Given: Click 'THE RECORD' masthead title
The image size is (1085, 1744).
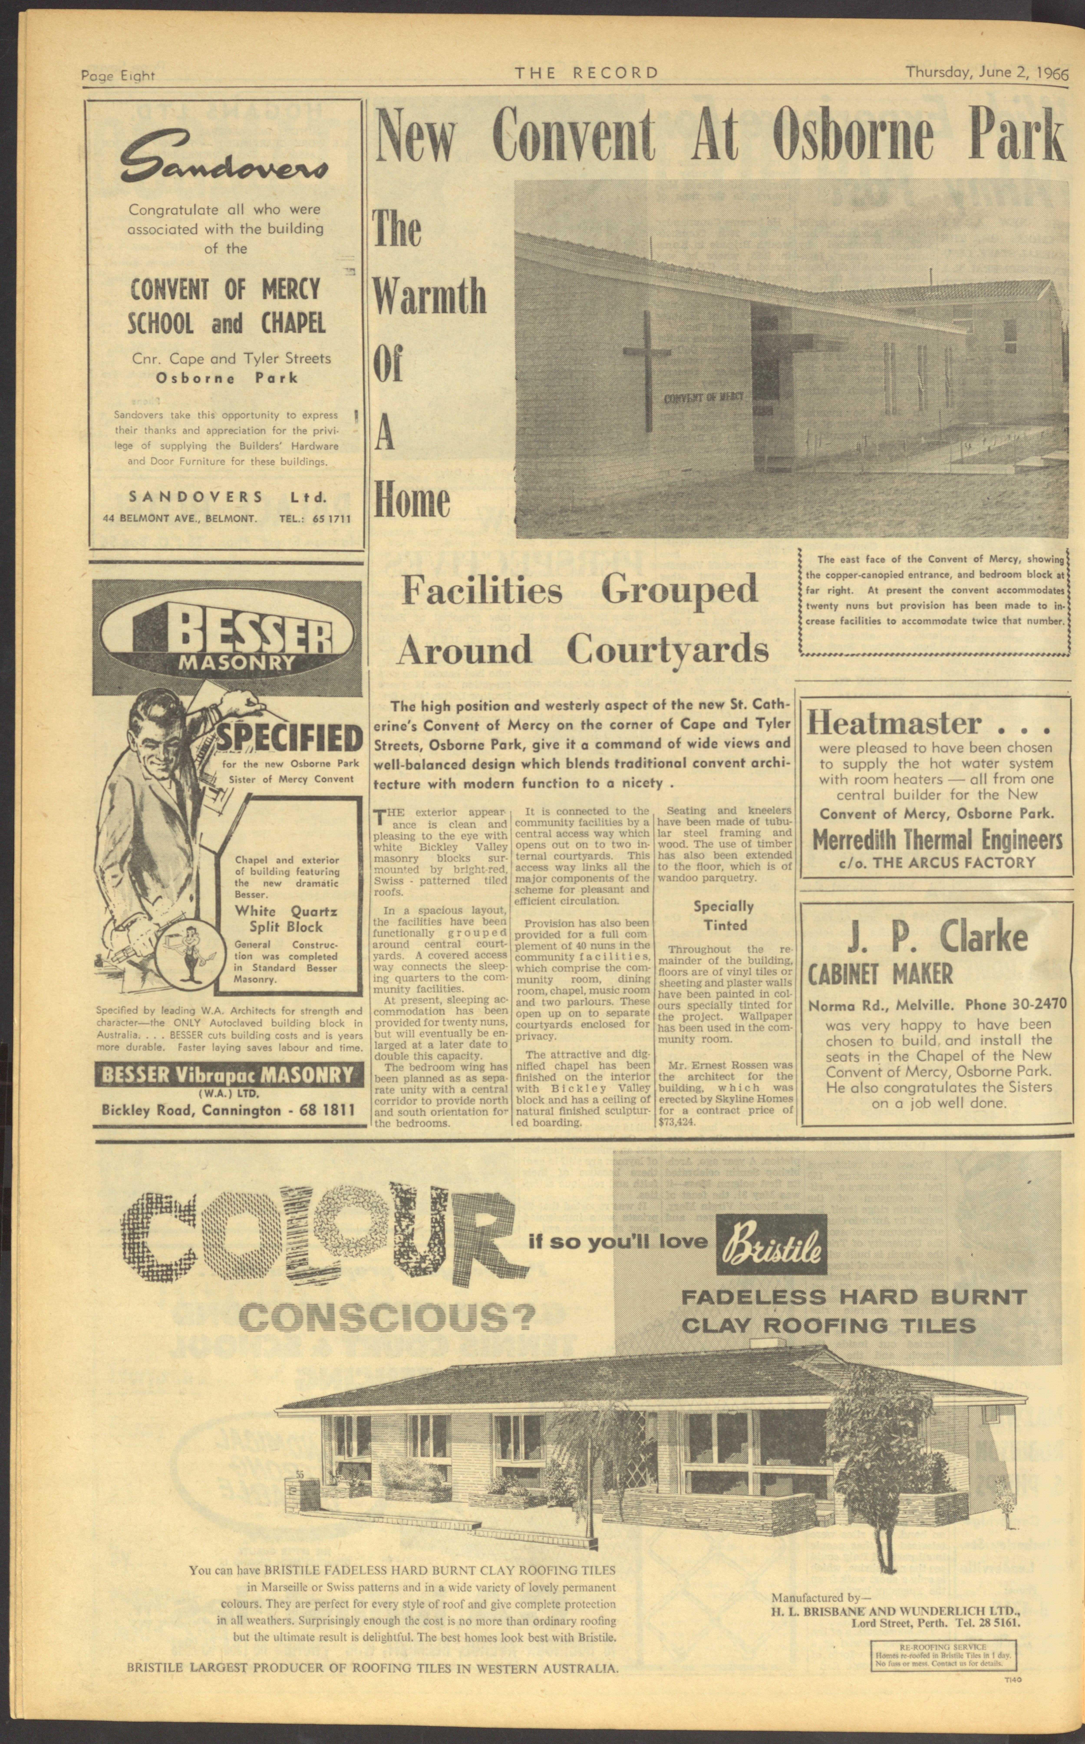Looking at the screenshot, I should click(x=585, y=73).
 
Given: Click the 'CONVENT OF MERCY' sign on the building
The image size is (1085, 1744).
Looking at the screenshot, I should click(x=703, y=397).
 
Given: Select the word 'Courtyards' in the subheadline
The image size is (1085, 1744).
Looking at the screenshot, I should click(x=667, y=650).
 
